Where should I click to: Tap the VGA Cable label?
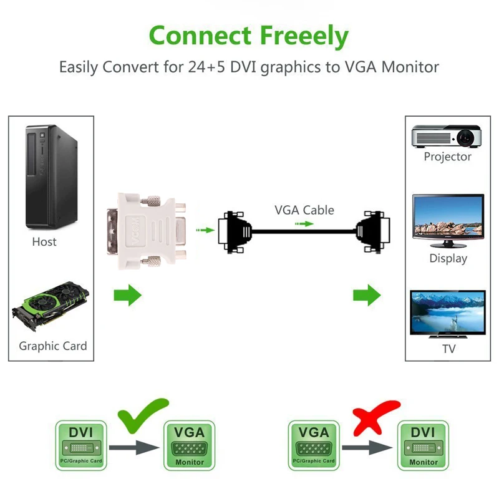pyautogui.click(x=304, y=210)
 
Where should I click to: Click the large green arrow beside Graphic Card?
pyautogui.click(x=127, y=295)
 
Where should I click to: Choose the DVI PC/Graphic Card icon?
pyautogui.click(x=80, y=444)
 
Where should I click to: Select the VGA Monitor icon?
pyautogui.click(x=189, y=445)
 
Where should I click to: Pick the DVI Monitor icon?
pyautogui.click(x=423, y=445)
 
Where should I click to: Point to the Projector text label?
pyautogui.click(x=447, y=157)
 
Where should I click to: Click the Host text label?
pyautogui.click(x=44, y=241)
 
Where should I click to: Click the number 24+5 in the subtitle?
pyautogui.click(x=206, y=67)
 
